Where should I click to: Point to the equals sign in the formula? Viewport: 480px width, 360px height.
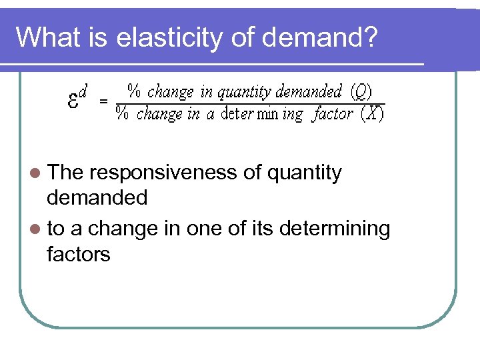(x=103, y=102)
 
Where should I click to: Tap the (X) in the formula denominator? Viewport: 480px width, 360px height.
(x=372, y=114)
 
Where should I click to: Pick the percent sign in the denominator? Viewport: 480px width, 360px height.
(x=123, y=114)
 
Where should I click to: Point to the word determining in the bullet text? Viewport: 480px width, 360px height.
(x=335, y=229)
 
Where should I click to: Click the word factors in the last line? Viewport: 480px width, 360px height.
(x=79, y=254)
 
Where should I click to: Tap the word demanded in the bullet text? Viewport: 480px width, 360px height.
(x=97, y=198)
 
